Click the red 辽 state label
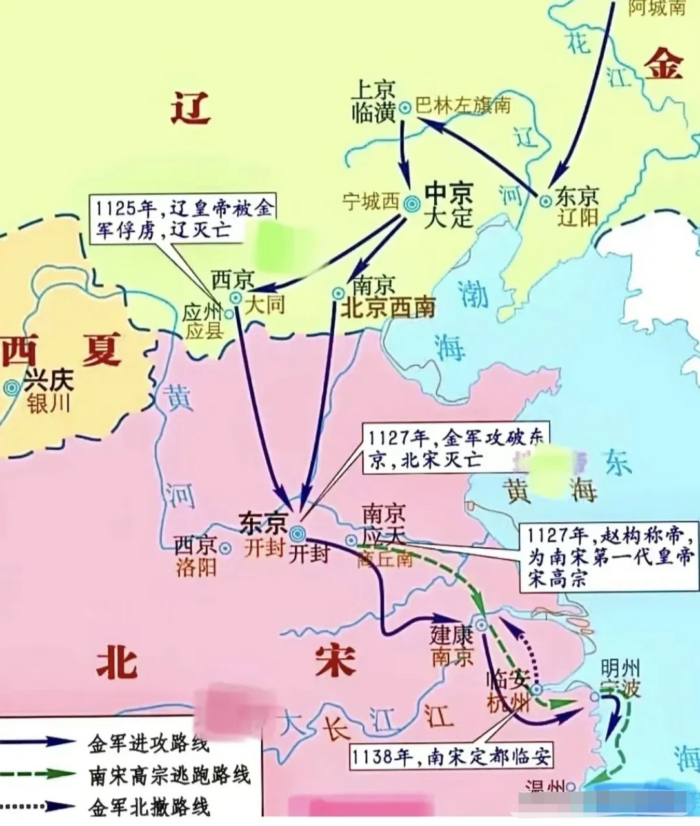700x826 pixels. [x=191, y=106]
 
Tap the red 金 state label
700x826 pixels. [x=664, y=65]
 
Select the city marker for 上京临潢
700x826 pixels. [x=405, y=108]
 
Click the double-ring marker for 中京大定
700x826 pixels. [x=412, y=204]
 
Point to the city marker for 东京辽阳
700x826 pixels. [x=546, y=201]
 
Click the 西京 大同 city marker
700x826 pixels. [x=236, y=297]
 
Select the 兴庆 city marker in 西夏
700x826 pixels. [x=11, y=388]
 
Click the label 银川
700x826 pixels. [x=48, y=404]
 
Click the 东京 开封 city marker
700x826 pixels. [x=297, y=533]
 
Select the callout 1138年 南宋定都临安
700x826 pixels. [x=451, y=756]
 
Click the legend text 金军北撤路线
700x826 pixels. [x=148, y=806]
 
